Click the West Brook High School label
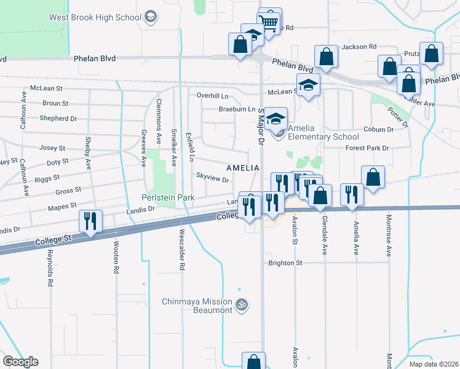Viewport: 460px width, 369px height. (95, 17)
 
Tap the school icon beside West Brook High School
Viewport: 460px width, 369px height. (150, 18)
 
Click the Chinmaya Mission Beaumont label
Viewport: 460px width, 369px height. (197, 306)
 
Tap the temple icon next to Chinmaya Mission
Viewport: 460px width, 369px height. (242, 303)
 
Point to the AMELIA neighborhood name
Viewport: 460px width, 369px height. (242, 168)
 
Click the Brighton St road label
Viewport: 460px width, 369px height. (285, 263)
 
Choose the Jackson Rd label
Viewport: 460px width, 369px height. (359, 47)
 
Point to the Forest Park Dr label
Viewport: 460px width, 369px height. (368, 148)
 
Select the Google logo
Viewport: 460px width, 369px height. (20, 362)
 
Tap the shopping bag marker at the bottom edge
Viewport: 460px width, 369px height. (253, 362)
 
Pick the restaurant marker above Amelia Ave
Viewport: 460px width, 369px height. (352, 194)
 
